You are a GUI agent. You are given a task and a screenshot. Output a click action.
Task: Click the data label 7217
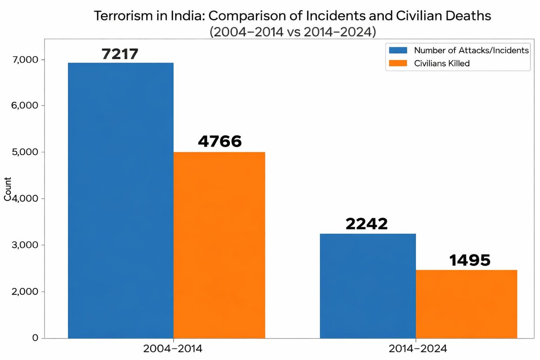click(x=119, y=54)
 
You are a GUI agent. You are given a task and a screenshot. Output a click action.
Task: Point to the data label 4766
click(x=220, y=141)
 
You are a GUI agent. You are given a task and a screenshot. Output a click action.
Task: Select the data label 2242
click(x=366, y=224)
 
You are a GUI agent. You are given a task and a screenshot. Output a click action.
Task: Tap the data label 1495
click(x=469, y=260)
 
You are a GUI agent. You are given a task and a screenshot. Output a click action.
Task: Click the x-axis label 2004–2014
click(x=173, y=349)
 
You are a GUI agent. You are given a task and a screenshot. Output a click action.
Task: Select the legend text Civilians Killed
click(x=441, y=63)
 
